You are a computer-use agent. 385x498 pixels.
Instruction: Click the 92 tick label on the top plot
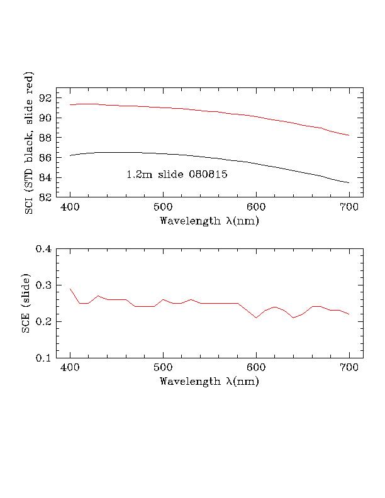point(46,97)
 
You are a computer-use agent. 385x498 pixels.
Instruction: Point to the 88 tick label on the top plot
point(46,137)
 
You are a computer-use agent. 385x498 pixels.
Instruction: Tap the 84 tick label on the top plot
point(46,177)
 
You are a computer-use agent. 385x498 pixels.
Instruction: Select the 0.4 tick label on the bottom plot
point(43,249)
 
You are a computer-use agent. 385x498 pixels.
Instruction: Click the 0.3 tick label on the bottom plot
point(43,285)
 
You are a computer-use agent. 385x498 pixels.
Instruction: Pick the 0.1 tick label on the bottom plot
point(43,358)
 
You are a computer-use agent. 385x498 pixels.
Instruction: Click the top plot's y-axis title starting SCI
point(28,143)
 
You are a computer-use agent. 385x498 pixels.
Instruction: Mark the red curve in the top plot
point(208,109)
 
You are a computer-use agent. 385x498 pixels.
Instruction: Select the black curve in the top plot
point(208,156)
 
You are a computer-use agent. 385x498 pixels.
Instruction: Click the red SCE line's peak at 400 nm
point(70,289)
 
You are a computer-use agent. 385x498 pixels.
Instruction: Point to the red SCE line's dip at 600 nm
point(256,318)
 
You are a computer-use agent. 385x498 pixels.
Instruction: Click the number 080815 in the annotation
point(191,174)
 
